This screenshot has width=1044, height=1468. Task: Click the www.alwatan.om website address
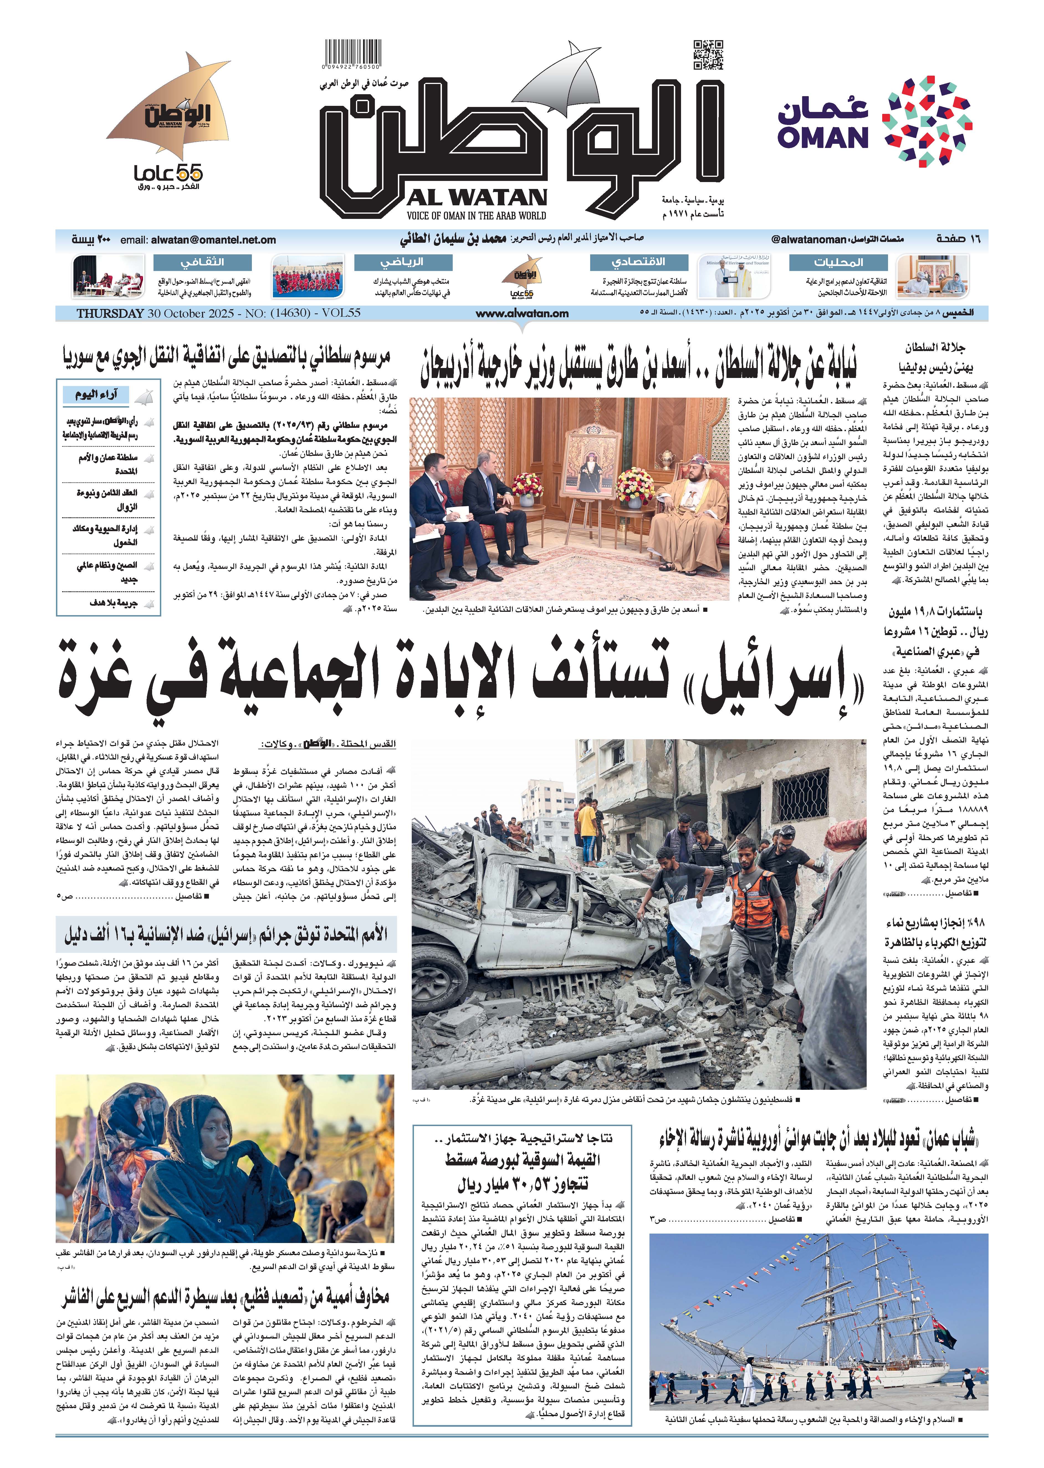[x=522, y=314]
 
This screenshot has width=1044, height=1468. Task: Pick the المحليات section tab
[x=838, y=262]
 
